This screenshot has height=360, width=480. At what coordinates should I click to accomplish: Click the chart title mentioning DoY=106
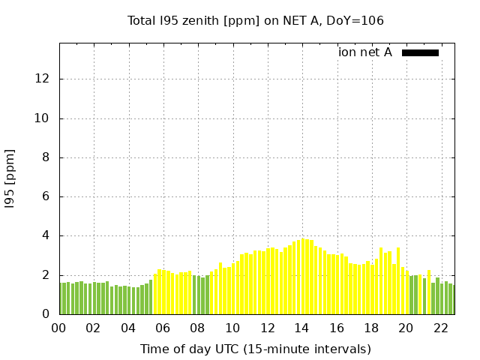pos(255,21)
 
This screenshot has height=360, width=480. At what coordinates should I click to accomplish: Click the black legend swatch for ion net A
pos(420,52)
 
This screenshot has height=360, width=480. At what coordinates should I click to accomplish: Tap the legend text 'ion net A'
pos(365,52)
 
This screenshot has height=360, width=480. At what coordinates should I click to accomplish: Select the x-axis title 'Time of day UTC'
pos(255,349)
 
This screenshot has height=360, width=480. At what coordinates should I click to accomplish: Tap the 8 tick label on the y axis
pos(49,157)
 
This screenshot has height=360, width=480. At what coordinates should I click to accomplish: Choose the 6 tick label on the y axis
pos(49,196)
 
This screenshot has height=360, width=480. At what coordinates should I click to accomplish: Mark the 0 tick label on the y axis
pos(49,314)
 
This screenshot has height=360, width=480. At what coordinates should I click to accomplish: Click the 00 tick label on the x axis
pos(58,328)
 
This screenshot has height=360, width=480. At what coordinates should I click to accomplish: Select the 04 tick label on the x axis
pos(128,328)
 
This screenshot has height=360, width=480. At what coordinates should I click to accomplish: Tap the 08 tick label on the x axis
pos(197,328)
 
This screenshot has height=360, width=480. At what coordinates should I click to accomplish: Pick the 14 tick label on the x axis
pos(301,328)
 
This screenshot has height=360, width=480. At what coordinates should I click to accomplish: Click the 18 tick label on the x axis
pos(371,328)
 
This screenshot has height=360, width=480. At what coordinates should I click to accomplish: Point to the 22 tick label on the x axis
pos(440,328)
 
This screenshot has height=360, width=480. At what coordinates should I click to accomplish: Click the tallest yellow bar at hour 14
pos(302,277)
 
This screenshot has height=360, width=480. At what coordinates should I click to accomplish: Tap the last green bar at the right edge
pos(451,299)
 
